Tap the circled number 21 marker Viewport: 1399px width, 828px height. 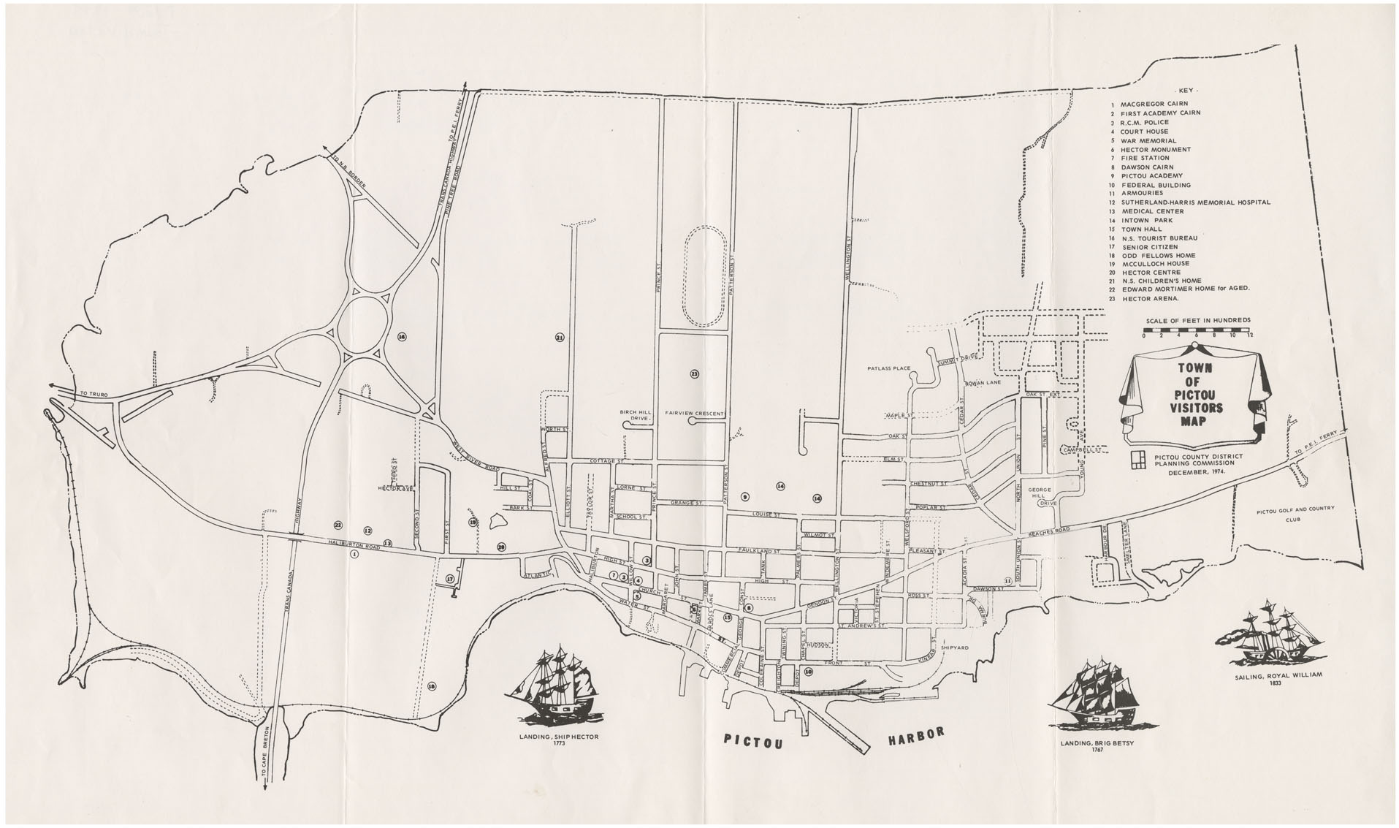tap(560, 338)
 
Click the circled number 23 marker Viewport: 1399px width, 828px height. tap(694, 373)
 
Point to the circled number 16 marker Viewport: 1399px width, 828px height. tap(401, 337)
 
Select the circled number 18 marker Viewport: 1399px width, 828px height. tap(432, 686)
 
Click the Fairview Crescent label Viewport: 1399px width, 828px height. tap(693, 414)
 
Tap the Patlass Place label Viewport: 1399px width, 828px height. tap(889, 368)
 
